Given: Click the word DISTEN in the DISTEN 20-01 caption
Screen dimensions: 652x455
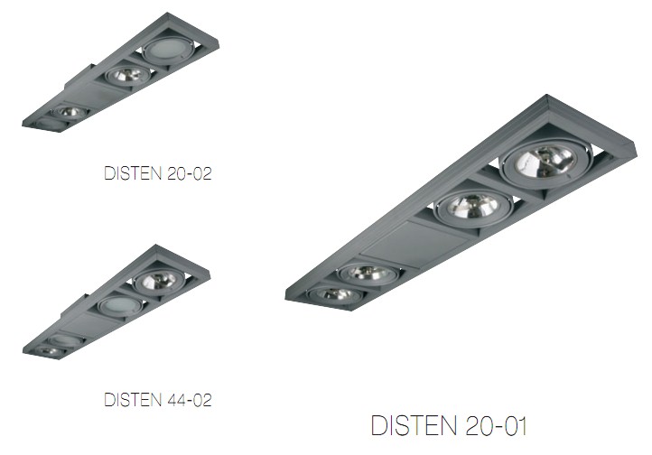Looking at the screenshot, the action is tap(414, 425).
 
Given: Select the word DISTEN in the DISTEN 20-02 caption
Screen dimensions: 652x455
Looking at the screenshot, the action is tap(133, 172).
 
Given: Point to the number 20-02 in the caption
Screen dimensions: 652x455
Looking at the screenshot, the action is tap(190, 172).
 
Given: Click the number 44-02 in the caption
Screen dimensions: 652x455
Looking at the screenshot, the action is tap(190, 399).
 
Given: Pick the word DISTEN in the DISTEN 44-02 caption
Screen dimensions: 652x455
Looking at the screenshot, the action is tap(133, 399).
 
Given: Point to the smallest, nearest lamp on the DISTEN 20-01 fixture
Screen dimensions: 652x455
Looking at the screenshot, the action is tap(331, 294).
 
